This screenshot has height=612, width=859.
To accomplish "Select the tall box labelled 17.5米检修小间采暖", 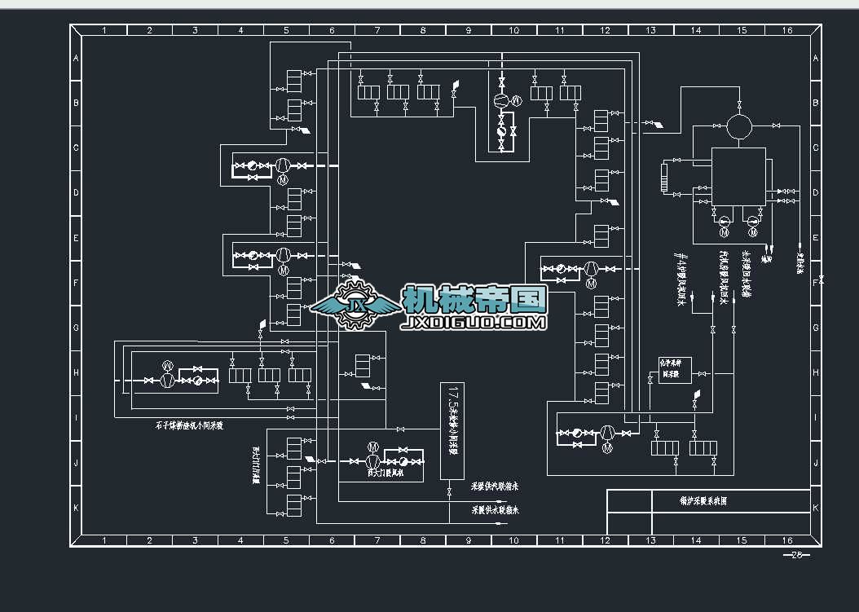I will point(451,430).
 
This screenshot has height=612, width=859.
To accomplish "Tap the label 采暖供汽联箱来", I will point(496,487).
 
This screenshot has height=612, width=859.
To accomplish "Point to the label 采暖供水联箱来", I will point(496,510).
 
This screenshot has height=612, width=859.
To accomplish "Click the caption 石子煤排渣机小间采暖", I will point(189,425).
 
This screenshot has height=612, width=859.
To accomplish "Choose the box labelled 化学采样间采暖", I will point(675,371).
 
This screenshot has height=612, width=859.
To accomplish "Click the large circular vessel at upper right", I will point(740,126).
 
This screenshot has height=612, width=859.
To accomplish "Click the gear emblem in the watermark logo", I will point(355,305).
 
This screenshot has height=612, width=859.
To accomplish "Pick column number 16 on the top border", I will point(787,31).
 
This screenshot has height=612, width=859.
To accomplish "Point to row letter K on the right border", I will point(815,507).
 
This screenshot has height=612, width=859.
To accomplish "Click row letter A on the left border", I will point(76,59).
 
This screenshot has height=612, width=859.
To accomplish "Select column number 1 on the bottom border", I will point(104,540).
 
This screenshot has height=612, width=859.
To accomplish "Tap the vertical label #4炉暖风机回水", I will point(679,280).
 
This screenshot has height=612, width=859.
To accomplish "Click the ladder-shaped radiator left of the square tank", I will point(665,178).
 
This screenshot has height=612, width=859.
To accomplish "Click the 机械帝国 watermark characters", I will point(474,300).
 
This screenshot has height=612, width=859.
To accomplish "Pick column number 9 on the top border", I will point(469,31).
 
